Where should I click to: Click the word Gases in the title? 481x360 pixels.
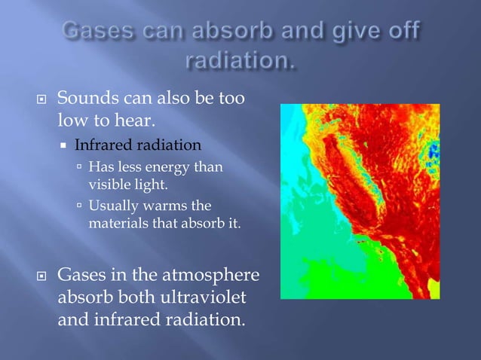pyautogui.click(x=95, y=33)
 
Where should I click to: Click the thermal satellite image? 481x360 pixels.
pyautogui.click(x=360, y=201)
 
